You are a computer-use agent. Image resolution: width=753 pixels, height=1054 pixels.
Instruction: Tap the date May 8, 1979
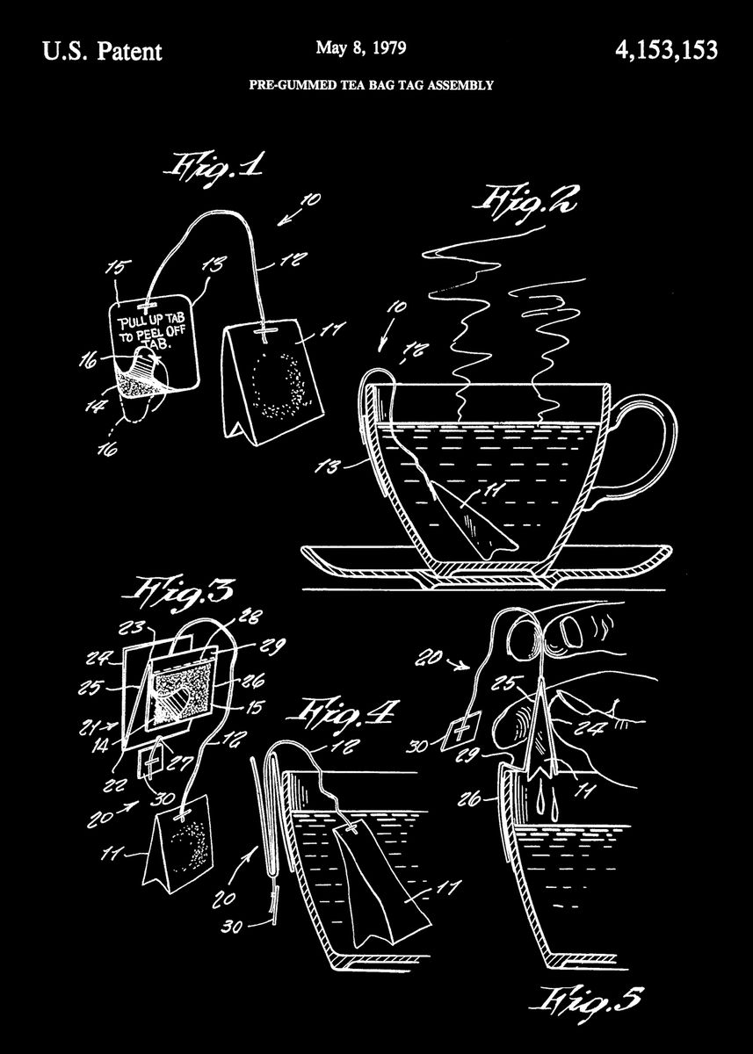coord(362,49)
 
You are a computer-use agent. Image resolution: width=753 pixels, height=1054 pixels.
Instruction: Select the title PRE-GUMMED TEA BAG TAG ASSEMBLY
coord(372,86)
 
